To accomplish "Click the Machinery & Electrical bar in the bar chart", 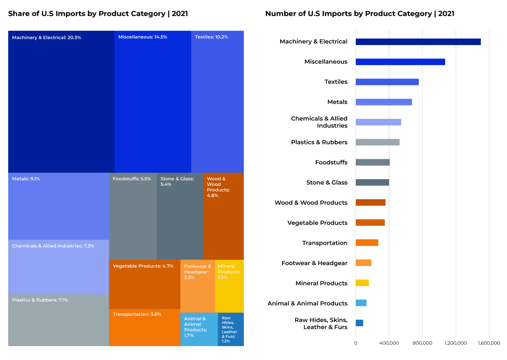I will pyautogui.click(x=418, y=42).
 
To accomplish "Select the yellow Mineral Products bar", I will pyautogui.click(x=362, y=283).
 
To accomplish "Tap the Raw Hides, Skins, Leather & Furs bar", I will pyautogui.click(x=359, y=323).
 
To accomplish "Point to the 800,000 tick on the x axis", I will pyautogui.click(x=422, y=343).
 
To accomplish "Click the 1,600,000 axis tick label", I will pyautogui.click(x=489, y=343).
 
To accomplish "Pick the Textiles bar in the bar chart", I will pyautogui.click(x=387, y=82).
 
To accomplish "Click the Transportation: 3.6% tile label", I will pyautogui.click(x=137, y=314).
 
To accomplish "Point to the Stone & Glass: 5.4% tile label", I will pyautogui.click(x=177, y=181).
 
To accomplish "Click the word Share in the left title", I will pyautogui.click(x=19, y=14).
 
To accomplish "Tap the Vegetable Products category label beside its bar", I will pyautogui.click(x=317, y=223).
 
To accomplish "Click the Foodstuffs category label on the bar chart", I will pyautogui.click(x=331, y=163).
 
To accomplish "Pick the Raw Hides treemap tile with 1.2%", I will pyautogui.click(x=230, y=329).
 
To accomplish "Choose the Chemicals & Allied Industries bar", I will pyautogui.click(x=378, y=122).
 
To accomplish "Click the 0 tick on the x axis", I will pyautogui.click(x=355, y=343).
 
